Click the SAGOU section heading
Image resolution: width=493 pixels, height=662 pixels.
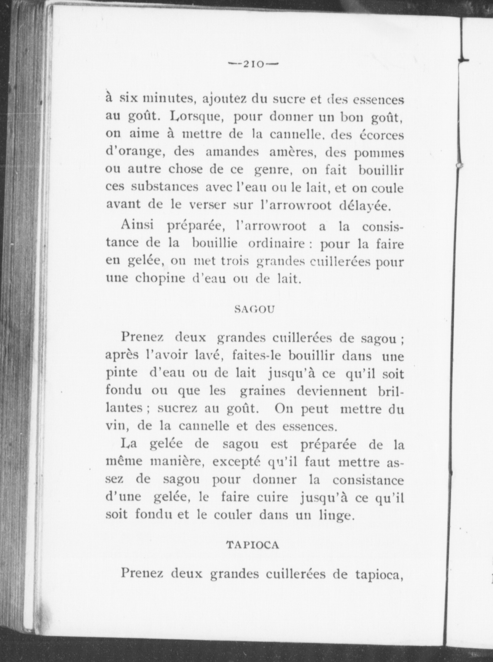(254, 309)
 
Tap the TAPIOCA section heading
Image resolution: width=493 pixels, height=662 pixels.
(252, 545)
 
